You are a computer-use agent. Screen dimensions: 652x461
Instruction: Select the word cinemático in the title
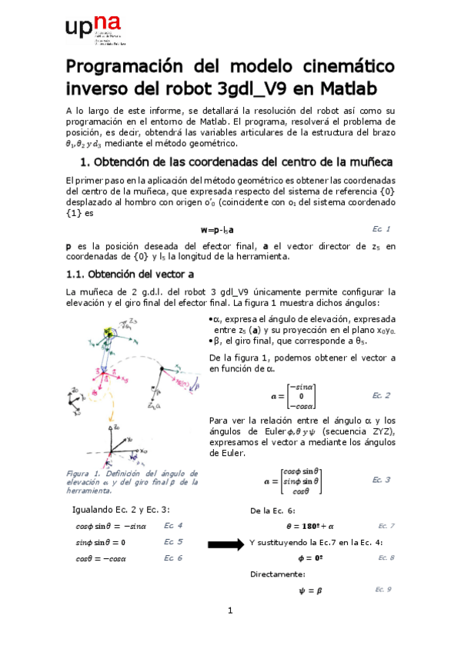(x=346, y=64)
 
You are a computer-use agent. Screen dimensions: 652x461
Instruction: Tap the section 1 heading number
(x=85, y=163)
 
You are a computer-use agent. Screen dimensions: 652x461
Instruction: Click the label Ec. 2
(x=381, y=395)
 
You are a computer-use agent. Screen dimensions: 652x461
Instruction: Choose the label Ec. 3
(x=381, y=480)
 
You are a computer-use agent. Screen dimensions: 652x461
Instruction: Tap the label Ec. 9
(x=382, y=589)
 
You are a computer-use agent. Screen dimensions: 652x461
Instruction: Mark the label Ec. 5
(x=173, y=541)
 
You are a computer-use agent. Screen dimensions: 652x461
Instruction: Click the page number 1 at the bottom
(x=229, y=611)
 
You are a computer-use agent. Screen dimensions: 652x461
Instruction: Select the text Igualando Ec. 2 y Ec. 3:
(x=121, y=510)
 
